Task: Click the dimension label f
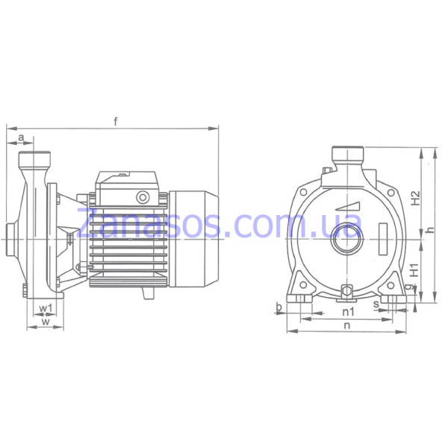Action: click(116, 122)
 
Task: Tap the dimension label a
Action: click(21, 137)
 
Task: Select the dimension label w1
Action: click(46, 308)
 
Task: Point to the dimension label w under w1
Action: click(46, 321)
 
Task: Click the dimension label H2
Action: click(415, 198)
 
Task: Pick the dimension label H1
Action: click(414, 270)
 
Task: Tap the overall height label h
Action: click(430, 229)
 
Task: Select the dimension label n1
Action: click(348, 311)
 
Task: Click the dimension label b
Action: click(279, 307)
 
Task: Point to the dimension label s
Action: click(376, 305)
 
